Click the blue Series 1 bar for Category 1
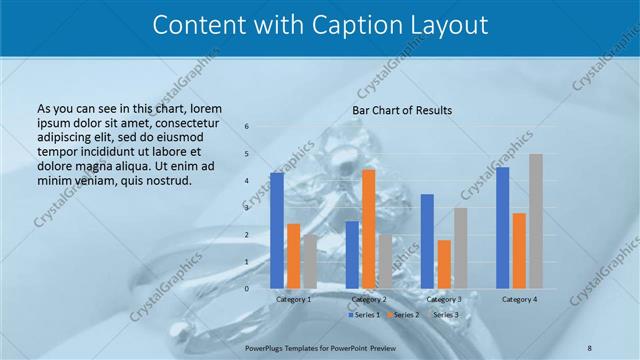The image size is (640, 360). click(x=277, y=230)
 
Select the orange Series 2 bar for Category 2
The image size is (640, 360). click(x=369, y=229)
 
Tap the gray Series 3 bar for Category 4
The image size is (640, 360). click(x=536, y=221)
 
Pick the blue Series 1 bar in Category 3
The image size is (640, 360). click(x=427, y=241)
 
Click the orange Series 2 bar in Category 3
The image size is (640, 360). click(x=444, y=264)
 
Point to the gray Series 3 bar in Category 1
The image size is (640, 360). click(x=310, y=261)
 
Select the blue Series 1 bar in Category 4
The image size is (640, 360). click(x=502, y=228)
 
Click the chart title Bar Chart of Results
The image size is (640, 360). click(x=402, y=110)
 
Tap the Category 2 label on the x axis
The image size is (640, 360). click(x=369, y=299)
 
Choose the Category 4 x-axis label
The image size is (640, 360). click(x=519, y=299)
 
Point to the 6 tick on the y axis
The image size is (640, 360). click(x=247, y=127)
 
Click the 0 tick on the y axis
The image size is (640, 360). click(x=247, y=289)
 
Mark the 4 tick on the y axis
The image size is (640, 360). click(x=247, y=181)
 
